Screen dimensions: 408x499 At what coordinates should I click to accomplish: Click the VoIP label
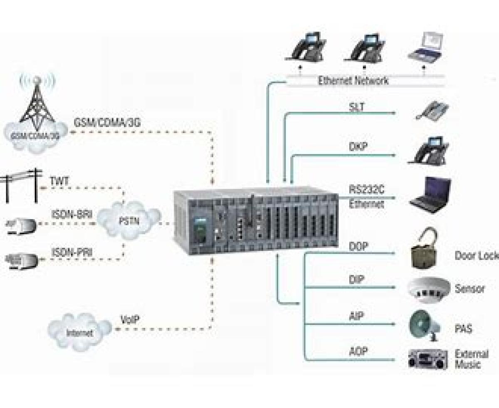[x=130, y=320]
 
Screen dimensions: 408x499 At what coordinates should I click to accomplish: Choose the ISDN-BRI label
[x=72, y=215]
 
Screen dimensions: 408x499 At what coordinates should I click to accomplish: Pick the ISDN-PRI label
[x=72, y=252]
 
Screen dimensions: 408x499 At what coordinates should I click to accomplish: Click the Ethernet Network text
[x=353, y=81]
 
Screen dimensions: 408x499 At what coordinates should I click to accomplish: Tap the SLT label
[x=357, y=107]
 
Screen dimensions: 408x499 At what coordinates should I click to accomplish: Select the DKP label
[x=358, y=147]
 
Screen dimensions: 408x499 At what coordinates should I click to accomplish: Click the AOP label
[x=358, y=352]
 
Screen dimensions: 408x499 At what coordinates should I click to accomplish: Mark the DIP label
[x=356, y=279]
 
